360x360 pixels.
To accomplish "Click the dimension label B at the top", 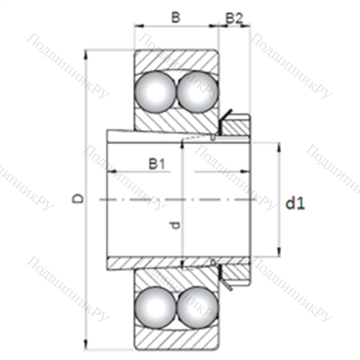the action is coord(176,17).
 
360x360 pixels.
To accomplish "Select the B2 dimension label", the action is coord(234,18).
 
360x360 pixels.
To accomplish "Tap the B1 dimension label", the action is coord(157,164).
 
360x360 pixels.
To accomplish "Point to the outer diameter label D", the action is coord(78,199).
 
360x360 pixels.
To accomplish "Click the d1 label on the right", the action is coord(295,204).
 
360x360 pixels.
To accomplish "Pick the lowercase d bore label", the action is coord(175,225).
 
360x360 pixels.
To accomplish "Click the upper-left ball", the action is coord(155,92).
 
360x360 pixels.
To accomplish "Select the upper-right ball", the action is coord(197,92).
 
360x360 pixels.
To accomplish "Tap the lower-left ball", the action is coord(155,307).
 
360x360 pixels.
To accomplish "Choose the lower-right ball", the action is coord(197,307).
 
